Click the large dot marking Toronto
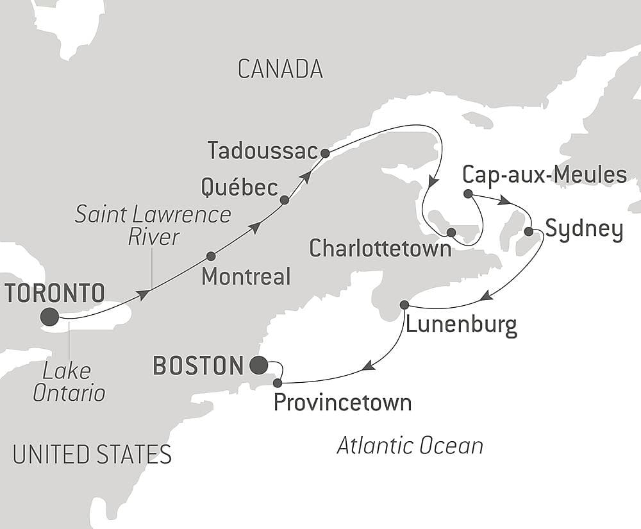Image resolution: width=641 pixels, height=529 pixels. click(x=49, y=317)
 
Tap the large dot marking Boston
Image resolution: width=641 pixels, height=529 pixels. click(x=258, y=365)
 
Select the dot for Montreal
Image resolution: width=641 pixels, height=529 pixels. click(x=211, y=256)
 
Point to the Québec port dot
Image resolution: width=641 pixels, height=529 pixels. click(x=285, y=200)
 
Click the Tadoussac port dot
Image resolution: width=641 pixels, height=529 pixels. click(x=325, y=153)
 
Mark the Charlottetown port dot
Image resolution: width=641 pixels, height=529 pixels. click(x=451, y=232)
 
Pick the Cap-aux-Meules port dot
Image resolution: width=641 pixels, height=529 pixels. click(x=468, y=194)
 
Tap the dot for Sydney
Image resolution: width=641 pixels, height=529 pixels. click(x=529, y=231)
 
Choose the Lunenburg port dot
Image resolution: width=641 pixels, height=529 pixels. click(x=404, y=305)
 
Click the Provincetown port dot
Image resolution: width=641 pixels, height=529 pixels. click(x=277, y=383)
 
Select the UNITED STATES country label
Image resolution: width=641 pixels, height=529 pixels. click(x=92, y=454)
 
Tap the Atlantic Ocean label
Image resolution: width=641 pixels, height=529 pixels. click(x=410, y=446)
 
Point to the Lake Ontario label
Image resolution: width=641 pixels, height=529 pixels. click(x=69, y=382)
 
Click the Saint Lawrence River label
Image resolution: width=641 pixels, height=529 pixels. click(x=153, y=225)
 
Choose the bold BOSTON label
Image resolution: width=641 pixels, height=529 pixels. click(x=199, y=366)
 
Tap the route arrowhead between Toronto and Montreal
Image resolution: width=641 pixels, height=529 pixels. click(x=144, y=294)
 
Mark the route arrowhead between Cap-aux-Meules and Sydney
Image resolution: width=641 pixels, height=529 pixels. click(x=505, y=201)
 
